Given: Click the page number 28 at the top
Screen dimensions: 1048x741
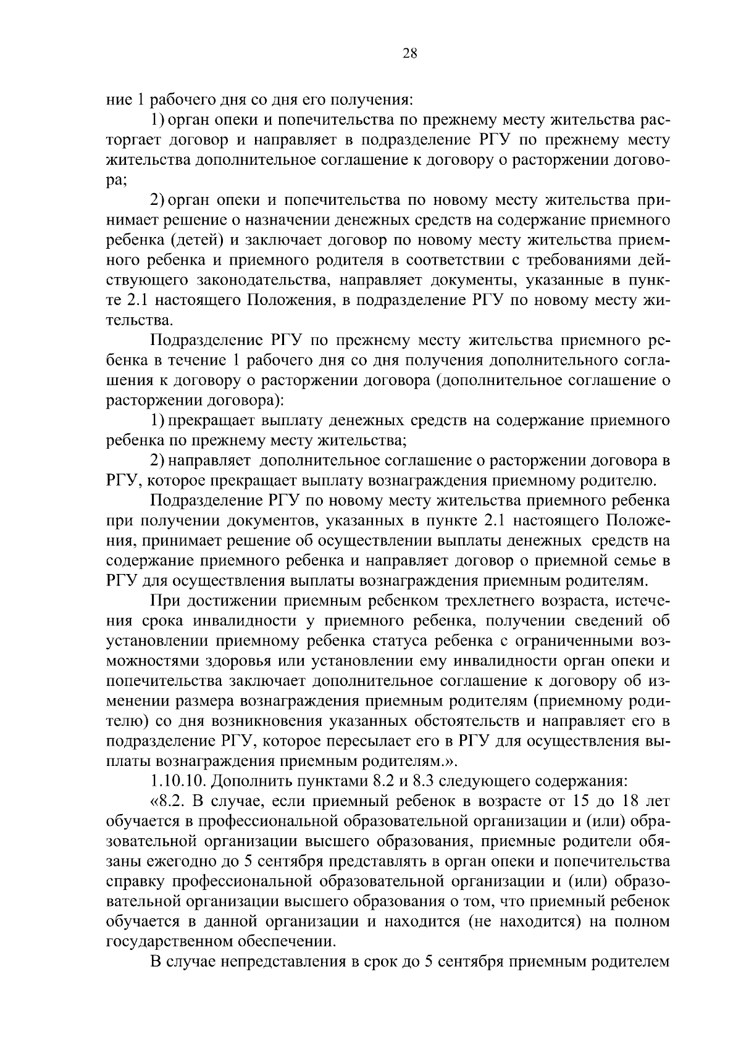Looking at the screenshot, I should (x=410, y=54).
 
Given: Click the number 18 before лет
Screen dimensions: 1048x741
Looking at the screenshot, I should (x=627, y=802).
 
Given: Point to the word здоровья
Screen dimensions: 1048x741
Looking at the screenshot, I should (x=260, y=660).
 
